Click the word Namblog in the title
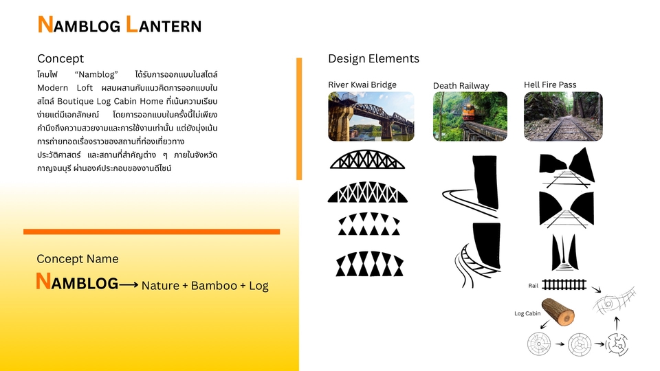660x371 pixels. pyautogui.click(x=79, y=25)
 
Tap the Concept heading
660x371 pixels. pyautogui.click(x=60, y=58)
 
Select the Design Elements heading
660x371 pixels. pyautogui.click(x=373, y=58)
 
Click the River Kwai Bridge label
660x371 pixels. pyautogui.click(x=362, y=85)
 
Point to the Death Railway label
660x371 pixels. pyautogui.click(x=461, y=85)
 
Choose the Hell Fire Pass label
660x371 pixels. pyautogui.click(x=550, y=85)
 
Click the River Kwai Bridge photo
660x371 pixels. pyautogui.click(x=371, y=116)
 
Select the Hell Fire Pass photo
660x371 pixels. pyautogui.click(x=563, y=116)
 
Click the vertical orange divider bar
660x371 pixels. pyautogui.click(x=299, y=119)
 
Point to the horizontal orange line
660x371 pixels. pyautogui.click(x=151, y=232)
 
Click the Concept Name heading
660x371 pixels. pyautogui.click(x=78, y=259)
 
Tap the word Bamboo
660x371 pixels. pyautogui.click(x=214, y=286)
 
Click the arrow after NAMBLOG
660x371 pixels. pyautogui.click(x=129, y=284)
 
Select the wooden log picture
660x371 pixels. pyautogui.click(x=558, y=312)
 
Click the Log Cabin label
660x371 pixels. pyautogui.click(x=527, y=313)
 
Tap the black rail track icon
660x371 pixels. pyautogui.click(x=564, y=284)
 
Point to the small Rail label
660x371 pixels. pyautogui.click(x=533, y=286)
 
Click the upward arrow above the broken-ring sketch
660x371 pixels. pyautogui.click(x=617, y=324)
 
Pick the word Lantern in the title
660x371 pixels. pyautogui.click(x=164, y=25)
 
